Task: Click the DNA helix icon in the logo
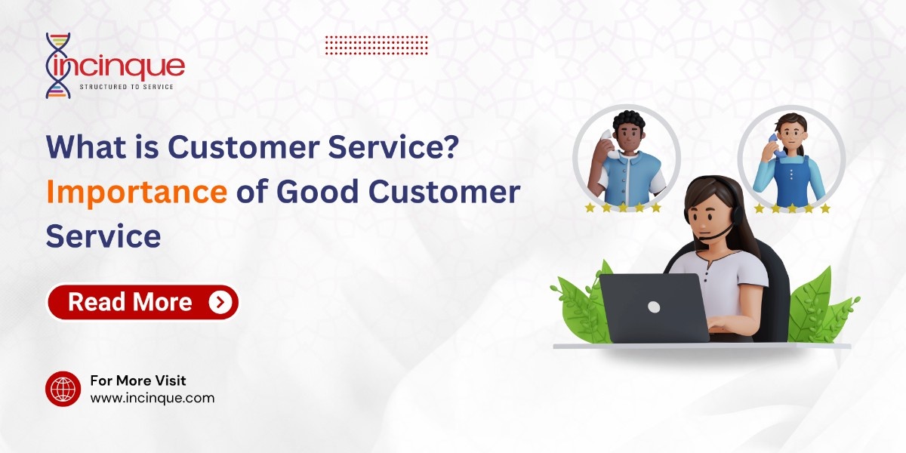(59, 66)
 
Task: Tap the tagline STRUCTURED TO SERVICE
(127, 87)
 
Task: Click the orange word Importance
(137, 192)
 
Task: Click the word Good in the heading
(318, 192)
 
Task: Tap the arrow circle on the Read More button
(220, 302)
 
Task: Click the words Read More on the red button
(130, 302)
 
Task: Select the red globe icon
(63, 389)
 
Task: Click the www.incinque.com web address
(153, 398)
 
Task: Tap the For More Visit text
(138, 381)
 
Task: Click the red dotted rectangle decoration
(377, 45)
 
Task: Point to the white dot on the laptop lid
(654, 307)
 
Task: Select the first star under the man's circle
(590, 208)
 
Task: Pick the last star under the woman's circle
(825, 208)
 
